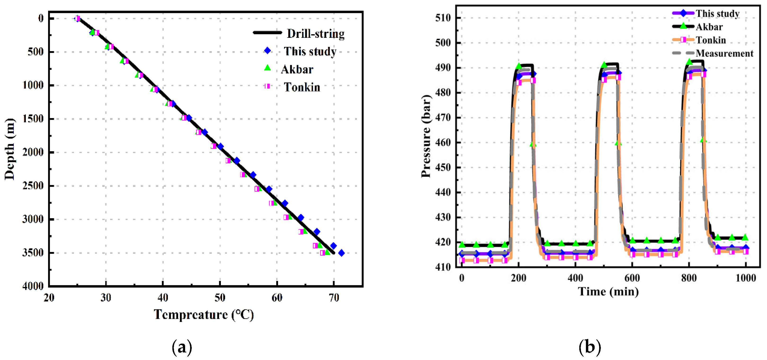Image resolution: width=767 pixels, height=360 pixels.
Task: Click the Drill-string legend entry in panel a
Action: [x=315, y=34]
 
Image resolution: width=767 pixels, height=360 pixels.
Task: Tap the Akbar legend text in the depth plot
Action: [x=297, y=69]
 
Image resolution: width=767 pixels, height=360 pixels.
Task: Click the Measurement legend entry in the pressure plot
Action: [x=724, y=53]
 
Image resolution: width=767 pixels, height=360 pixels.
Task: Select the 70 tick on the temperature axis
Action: [x=334, y=298]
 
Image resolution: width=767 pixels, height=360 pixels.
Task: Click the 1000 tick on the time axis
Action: [x=745, y=278]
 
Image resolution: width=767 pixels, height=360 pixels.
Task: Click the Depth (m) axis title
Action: [x=9, y=149]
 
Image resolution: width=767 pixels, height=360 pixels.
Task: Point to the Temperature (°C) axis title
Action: [x=204, y=315]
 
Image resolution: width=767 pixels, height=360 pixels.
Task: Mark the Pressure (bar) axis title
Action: [x=426, y=136]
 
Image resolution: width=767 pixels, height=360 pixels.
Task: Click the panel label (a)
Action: [x=182, y=347]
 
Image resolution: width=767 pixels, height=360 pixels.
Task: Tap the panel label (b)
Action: [x=589, y=347]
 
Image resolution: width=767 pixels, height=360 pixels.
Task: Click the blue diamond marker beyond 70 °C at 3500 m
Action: [x=342, y=253]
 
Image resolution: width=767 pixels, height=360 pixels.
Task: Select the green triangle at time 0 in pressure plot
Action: [x=462, y=245]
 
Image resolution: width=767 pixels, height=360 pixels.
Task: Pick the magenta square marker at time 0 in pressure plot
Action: [x=462, y=260]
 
